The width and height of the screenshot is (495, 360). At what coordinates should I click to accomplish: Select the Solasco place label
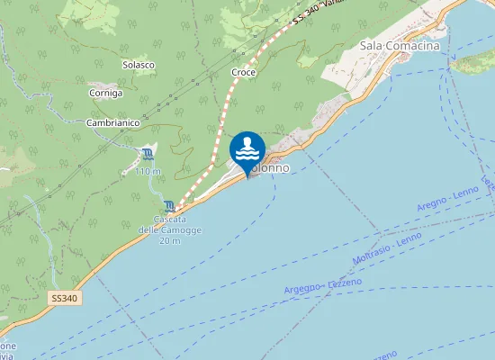(139, 65)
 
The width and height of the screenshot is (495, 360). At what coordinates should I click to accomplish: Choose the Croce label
(244, 72)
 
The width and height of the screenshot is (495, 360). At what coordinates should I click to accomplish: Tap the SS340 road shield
(63, 297)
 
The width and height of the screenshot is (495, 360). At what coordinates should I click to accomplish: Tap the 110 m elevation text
(148, 171)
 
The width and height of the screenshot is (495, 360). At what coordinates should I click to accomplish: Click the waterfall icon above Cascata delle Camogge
(170, 206)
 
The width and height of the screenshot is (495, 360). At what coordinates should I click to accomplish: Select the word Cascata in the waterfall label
(169, 220)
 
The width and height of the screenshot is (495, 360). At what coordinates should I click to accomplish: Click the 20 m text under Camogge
(169, 241)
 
